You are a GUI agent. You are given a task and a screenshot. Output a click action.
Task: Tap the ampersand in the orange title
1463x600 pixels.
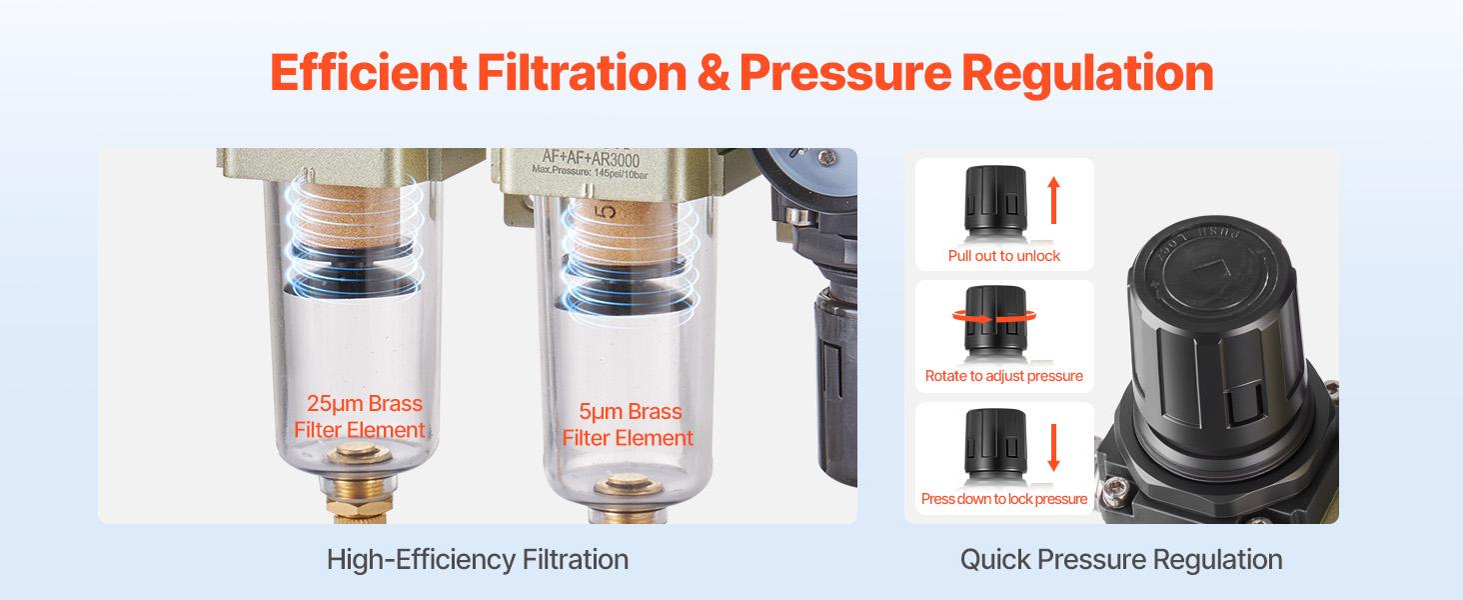[x=714, y=72]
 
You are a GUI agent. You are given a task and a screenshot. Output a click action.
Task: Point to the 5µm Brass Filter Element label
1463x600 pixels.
[x=628, y=425]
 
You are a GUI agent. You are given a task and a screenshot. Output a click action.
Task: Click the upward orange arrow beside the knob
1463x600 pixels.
[x=1053, y=201]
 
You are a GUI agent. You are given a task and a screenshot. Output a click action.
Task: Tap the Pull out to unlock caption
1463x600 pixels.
[x=1004, y=256]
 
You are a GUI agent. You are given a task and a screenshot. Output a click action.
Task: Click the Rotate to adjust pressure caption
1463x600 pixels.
[x=1004, y=377]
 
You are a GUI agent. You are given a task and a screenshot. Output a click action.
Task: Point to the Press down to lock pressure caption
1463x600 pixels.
[x=1004, y=499]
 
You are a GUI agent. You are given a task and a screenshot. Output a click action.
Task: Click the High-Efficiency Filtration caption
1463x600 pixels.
[x=478, y=559]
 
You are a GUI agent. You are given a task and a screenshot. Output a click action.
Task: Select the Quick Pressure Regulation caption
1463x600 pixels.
[x=1121, y=559]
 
